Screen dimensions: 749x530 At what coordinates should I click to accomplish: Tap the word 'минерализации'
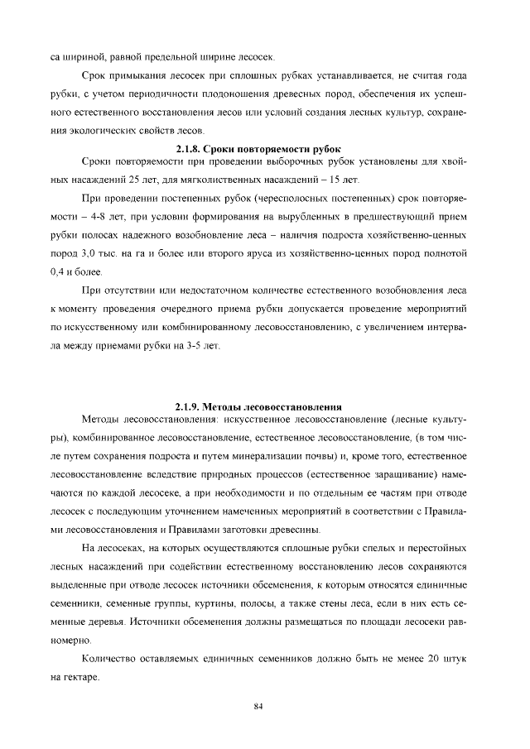[270, 457]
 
